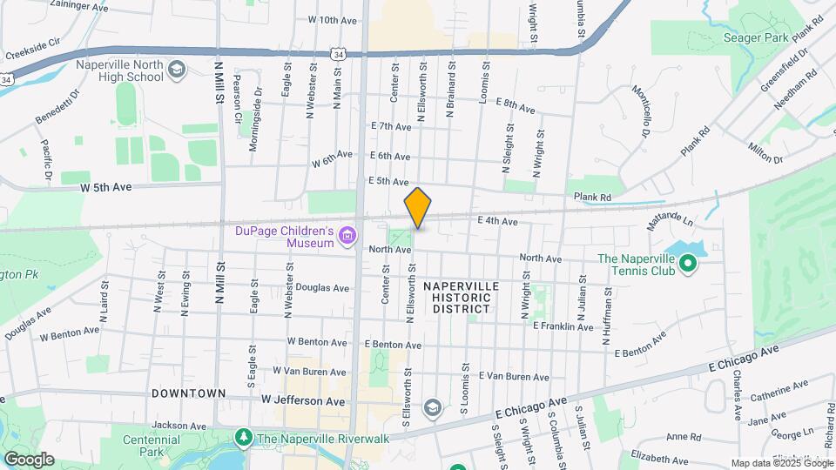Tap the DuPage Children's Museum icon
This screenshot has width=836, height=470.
348,235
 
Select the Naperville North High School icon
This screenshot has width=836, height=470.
177,70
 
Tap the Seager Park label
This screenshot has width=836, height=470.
755,37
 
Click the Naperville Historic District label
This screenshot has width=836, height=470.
462,297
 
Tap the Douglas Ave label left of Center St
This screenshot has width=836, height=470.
322,287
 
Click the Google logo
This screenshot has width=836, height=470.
29,460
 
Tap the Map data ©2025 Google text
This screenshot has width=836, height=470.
780,463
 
